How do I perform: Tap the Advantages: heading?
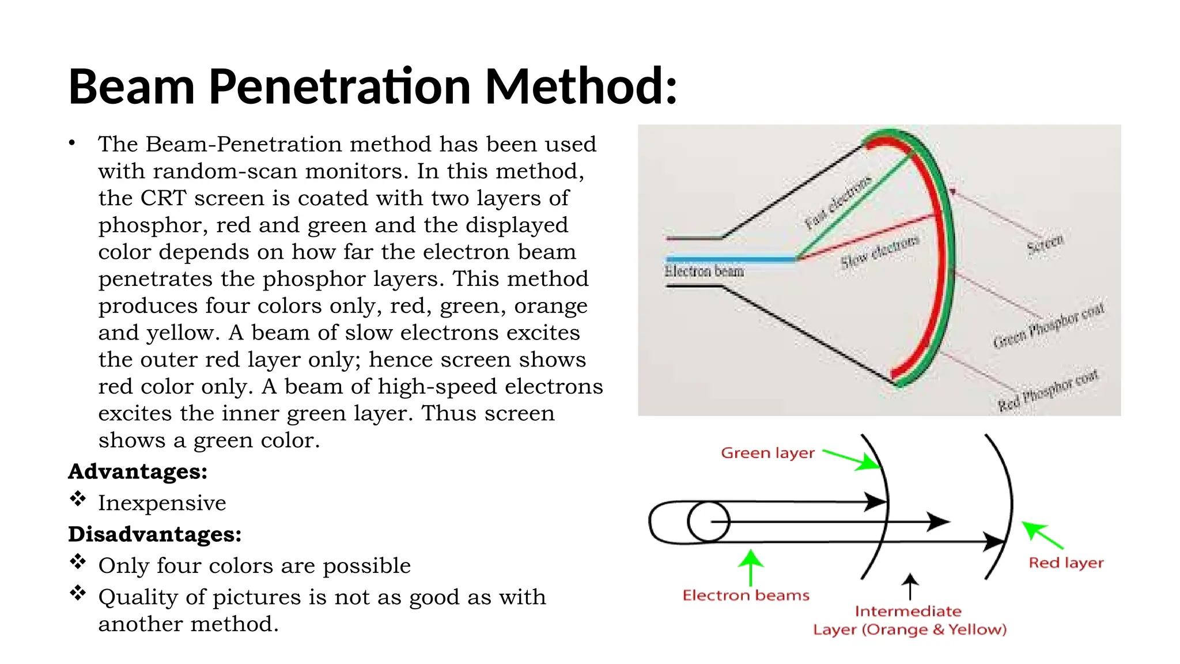click(138, 471)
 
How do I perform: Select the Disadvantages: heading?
click(154, 534)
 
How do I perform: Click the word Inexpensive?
click(162, 503)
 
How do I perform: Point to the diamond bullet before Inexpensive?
click(78, 499)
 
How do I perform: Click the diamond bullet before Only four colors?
click(78, 561)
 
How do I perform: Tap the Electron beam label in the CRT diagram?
click(704, 271)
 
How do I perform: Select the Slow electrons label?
click(879, 252)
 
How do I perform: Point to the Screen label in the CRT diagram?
click(1045, 244)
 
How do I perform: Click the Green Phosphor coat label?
click(1049, 325)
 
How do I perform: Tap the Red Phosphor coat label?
click(1048, 390)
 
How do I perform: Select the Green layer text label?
click(767, 453)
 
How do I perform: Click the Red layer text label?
click(1066, 563)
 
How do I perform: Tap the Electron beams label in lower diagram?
click(746, 595)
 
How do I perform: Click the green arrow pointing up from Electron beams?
click(750, 567)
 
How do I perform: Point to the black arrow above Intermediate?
click(910, 586)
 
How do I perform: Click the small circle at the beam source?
click(708, 522)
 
